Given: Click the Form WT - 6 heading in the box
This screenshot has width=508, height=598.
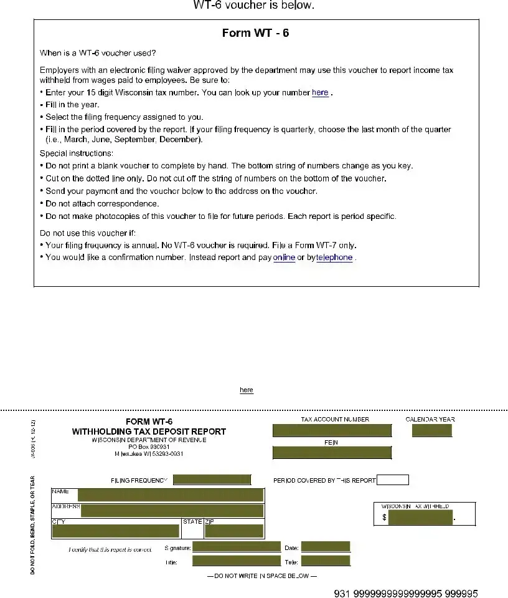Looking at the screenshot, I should tap(255, 33).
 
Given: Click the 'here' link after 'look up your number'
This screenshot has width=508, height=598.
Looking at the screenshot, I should tap(320, 92).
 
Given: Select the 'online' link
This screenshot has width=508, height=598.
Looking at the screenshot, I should tap(284, 258).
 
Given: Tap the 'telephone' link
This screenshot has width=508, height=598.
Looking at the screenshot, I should tap(334, 258).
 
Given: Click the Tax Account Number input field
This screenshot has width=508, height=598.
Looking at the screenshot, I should tap(332, 430).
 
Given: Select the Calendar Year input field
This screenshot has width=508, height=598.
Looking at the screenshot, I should tap(431, 430).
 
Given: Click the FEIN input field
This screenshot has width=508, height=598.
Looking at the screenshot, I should tap(332, 452).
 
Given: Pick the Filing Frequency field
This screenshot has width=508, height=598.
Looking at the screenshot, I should tap(212, 480).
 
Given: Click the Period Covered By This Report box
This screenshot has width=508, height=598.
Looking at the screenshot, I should tap(393, 480).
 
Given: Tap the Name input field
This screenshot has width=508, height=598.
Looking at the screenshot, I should tap(170, 495).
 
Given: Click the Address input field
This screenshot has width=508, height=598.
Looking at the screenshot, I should tap(172, 511).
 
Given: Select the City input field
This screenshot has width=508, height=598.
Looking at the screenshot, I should tap(116, 531).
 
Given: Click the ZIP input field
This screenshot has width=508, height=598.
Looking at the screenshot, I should tap(234, 531).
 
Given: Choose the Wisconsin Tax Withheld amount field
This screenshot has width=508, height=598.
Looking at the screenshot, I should tap(421, 518).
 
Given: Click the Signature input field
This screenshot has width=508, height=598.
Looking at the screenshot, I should tap(237, 547).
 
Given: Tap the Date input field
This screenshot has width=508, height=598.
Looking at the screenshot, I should tap(326, 547).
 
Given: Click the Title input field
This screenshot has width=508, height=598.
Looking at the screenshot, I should tap(237, 561).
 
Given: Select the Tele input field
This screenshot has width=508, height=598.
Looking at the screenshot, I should tap(326, 561).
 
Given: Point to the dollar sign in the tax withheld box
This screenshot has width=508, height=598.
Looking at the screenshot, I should tap(384, 518).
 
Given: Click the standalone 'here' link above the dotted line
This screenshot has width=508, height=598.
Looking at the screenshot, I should tap(247, 390).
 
